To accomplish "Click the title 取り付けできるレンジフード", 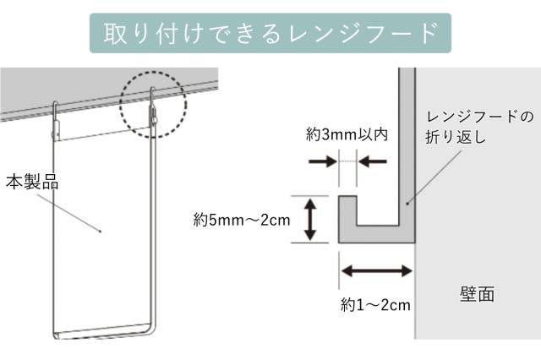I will click(x=270, y=33).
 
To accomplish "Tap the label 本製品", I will click(x=32, y=181).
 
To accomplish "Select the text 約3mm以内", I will click(x=347, y=134).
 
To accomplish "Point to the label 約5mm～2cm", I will click(x=241, y=220).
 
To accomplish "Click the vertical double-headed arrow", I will click(x=309, y=220).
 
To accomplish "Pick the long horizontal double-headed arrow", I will click(x=376, y=271).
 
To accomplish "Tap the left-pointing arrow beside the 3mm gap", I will click(x=371, y=159).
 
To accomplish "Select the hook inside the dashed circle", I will click(x=154, y=106).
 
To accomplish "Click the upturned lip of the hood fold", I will click(x=345, y=211).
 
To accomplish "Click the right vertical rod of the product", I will click(x=156, y=228).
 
